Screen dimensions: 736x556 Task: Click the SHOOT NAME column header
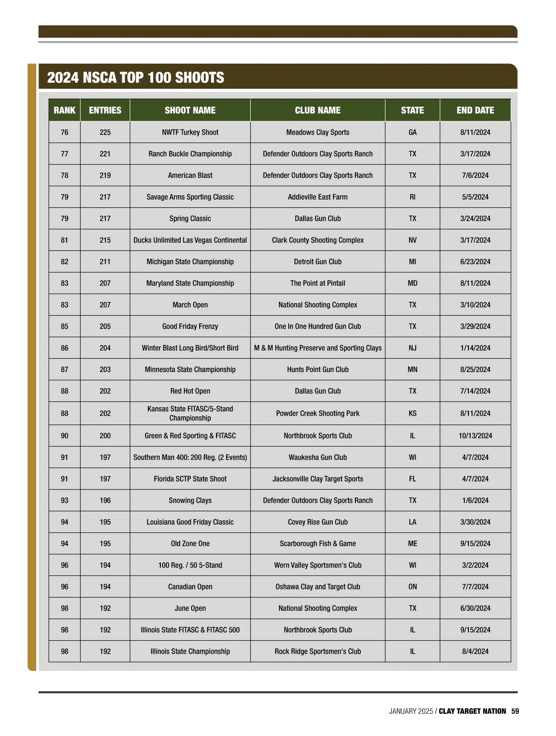pos(190,110)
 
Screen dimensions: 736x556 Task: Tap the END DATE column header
pos(475,110)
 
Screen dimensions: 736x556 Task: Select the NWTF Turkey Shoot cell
pos(190,132)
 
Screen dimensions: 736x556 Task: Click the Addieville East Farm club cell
pos(317,197)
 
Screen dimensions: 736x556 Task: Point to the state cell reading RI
pos(412,197)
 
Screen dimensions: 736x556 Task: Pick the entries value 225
pos(105,132)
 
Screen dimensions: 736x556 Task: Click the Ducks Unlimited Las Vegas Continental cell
pos(190,240)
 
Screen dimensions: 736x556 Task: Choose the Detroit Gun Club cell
pos(317,261)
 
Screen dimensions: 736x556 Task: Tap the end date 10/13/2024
pos(475,436)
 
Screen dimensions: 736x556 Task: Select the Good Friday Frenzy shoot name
pos(190,326)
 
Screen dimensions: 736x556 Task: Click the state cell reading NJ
pos(412,348)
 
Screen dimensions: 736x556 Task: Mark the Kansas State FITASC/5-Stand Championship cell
pos(190,413)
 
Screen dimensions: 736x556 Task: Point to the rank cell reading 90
pos(64,436)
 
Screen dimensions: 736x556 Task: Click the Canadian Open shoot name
pos(190,587)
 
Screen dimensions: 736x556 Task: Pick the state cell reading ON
pos(412,587)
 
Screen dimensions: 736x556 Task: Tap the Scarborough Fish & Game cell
pos(317,544)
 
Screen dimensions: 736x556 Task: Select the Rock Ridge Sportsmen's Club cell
pos(317,651)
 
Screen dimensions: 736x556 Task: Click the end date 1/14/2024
pos(475,348)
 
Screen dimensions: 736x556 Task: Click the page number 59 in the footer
pos(515,711)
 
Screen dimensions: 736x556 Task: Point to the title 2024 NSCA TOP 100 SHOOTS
pos(136,77)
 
